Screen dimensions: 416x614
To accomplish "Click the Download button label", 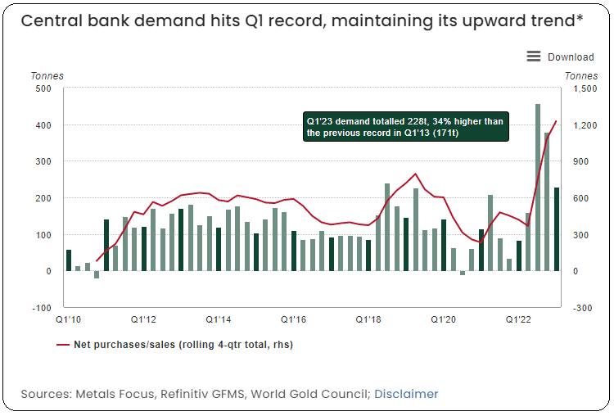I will [x=571, y=57].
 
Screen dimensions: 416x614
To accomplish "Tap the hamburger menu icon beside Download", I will [x=534, y=57].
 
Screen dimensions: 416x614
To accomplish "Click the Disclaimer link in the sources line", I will [x=406, y=394].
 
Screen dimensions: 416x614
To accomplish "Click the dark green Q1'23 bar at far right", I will [x=557, y=229].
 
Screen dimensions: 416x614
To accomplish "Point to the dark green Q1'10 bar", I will [x=69, y=260].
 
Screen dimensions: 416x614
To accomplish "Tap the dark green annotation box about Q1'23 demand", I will [x=406, y=126].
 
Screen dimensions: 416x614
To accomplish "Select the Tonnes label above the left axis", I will [x=47, y=76].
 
